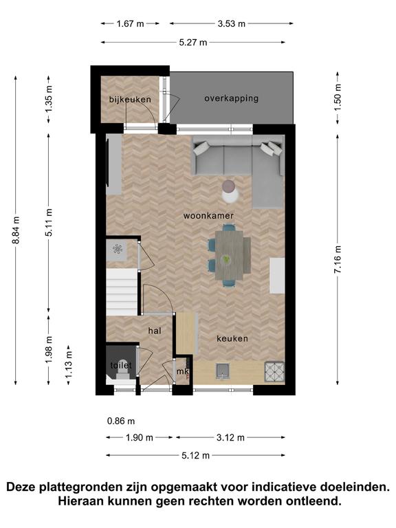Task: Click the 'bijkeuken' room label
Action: coord(130,99)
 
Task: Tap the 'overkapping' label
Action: coord(231,98)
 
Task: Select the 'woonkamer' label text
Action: coord(208,215)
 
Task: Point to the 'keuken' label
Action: coord(232,338)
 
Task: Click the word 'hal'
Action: coord(155,331)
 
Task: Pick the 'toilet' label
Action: coord(121,365)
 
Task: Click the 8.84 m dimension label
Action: coord(16,230)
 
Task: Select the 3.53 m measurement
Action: coord(231,23)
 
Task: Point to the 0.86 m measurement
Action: coord(121,421)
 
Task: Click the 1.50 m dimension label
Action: coord(338,98)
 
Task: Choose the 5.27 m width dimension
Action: coord(193,43)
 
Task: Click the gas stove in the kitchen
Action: coord(274,371)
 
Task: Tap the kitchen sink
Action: coord(223,371)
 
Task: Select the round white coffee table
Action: coord(231,195)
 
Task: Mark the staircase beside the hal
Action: coord(122,292)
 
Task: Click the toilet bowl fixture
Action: coord(122,373)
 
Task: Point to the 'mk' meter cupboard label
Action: coord(182,372)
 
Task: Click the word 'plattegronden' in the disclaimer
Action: coord(80,487)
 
